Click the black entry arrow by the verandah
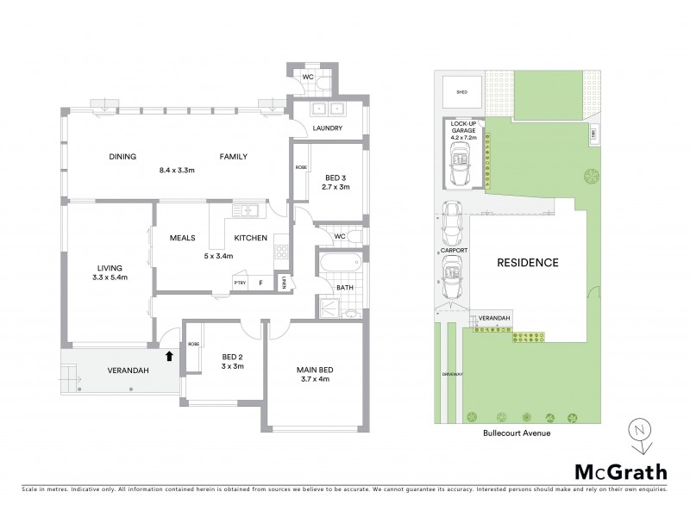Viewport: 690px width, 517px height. [x=169, y=354]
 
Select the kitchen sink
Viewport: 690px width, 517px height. [x=247, y=209]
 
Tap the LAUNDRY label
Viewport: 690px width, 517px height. [x=327, y=128]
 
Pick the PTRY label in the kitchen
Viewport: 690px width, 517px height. [x=241, y=282]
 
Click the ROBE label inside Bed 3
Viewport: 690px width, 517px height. [x=301, y=167]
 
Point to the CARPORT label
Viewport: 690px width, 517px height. [x=453, y=250]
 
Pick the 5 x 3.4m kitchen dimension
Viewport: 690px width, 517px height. [x=223, y=254]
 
